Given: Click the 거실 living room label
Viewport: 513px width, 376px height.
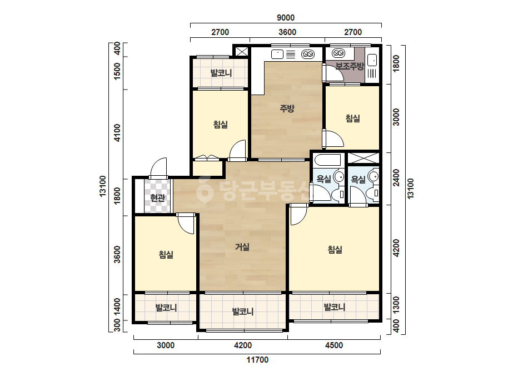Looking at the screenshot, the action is (x=242, y=247).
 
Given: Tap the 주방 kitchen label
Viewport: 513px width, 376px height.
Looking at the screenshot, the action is (x=287, y=108).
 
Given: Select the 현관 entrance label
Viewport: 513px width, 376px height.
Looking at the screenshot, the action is (x=157, y=198).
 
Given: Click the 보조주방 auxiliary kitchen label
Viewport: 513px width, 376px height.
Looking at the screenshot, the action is (x=350, y=67).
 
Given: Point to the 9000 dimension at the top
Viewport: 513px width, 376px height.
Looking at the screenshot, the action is (x=286, y=18).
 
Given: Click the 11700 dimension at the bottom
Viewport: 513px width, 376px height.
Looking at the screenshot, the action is (x=257, y=360).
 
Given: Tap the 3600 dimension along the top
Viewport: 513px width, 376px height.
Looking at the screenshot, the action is (x=287, y=32).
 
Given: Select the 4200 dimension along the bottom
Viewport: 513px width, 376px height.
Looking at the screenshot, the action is (x=243, y=345).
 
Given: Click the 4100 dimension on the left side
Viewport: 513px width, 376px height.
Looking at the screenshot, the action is (x=117, y=132).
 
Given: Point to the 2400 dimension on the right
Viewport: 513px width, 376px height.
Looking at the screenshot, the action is (x=396, y=177).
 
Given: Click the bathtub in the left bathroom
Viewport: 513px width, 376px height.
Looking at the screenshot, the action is (x=327, y=161).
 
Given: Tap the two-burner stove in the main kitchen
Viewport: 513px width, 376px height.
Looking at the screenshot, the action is (x=307, y=54).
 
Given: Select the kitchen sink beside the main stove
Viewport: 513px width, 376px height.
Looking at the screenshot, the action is (x=277, y=54).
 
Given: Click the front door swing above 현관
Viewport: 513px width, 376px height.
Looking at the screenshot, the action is (x=158, y=168).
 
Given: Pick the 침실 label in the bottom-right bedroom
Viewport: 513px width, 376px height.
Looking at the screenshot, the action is (x=335, y=250).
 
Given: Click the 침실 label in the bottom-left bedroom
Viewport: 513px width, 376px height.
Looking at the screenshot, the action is (x=166, y=255).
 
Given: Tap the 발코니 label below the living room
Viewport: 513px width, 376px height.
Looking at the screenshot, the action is (x=243, y=311).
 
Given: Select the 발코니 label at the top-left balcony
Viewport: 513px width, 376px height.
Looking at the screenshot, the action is (x=221, y=73).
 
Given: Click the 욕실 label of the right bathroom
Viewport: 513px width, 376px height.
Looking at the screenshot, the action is (x=358, y=180).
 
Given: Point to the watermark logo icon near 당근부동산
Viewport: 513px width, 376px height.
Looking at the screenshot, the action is (x=205, y=189).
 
